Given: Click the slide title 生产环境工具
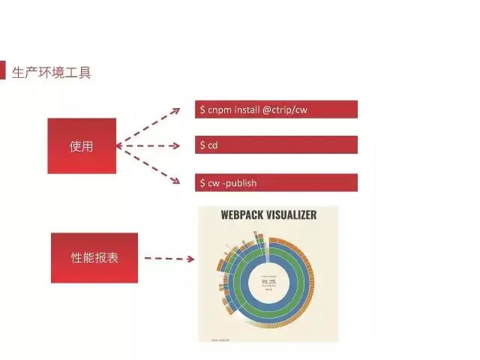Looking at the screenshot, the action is click(x=52, y=73).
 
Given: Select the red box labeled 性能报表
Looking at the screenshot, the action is click(x=94, y=257).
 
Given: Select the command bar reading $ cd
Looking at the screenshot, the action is click(x=275, y=145).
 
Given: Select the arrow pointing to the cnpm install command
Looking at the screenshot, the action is click(x=150, y=124).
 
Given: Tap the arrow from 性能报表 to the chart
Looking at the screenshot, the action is click(x=169, y=259).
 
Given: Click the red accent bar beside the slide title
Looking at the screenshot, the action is click(x=3, y=71).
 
